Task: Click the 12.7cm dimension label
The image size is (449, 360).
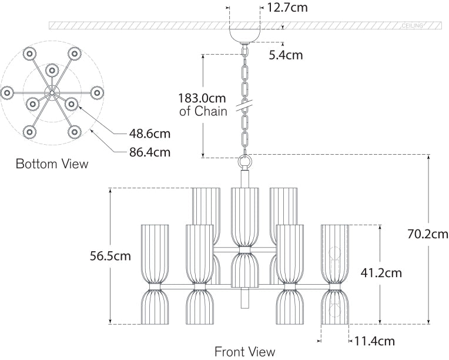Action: [287, 8]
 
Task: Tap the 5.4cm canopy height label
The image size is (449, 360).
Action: [286, 55]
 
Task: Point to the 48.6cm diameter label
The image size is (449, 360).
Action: [150, 134]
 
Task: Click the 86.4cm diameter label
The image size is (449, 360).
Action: [150, 153]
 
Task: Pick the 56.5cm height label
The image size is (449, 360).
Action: [110, 256]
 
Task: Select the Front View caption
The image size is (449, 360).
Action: [244, 352]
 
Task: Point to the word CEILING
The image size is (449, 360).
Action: [413, 26]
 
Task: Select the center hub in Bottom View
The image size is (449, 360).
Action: [52, 92]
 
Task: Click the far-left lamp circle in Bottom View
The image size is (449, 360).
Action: [8, 93]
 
